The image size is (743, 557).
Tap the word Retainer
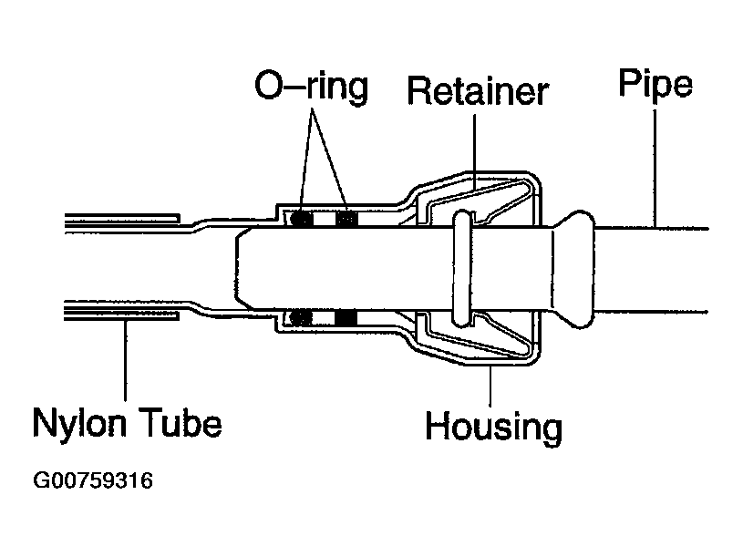pyautogui.click(x=478, y=92)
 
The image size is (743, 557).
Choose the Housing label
pyautogui.click(x=493, y=425)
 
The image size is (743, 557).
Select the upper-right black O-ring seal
pyautogui.click(x=346, y=218)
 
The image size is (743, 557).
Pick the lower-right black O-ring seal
pyautogui.click(x=346, y=317)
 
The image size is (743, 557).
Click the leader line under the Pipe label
pyautogui.click(x=655, y=164)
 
